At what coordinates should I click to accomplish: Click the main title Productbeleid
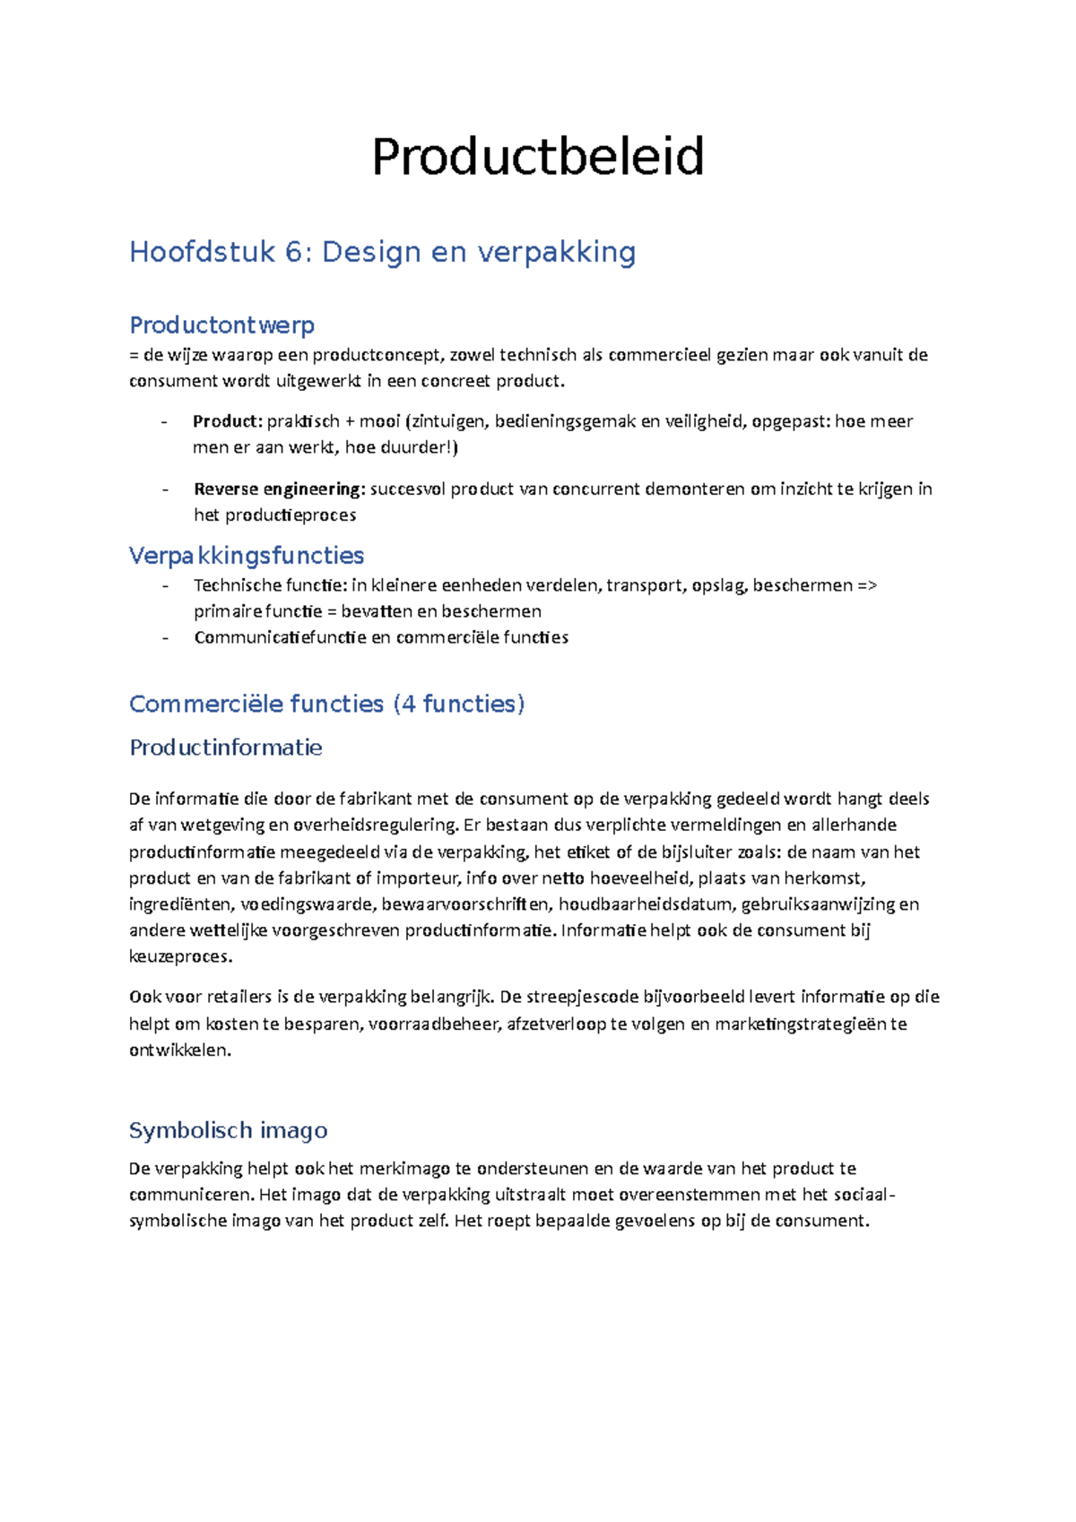(537, 157)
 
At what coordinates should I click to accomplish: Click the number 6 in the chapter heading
(293, 252)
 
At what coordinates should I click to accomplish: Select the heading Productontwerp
(221, 324)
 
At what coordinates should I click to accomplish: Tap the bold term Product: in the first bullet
(227, 421)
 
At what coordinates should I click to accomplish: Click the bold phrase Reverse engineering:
(279, 489)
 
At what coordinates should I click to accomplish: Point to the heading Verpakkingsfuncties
(247, 556)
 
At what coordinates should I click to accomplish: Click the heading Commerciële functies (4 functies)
(326, 704)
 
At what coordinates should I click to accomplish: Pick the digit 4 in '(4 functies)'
(409, 704)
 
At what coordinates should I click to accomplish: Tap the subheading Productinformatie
(226, 748)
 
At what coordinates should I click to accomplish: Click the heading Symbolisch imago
(229, 1130)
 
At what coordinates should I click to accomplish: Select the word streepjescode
(581, 998)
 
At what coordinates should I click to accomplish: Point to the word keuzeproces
(179, 957)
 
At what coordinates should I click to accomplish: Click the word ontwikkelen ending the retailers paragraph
(179, 1051)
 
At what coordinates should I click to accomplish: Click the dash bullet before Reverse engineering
(166, 489)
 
